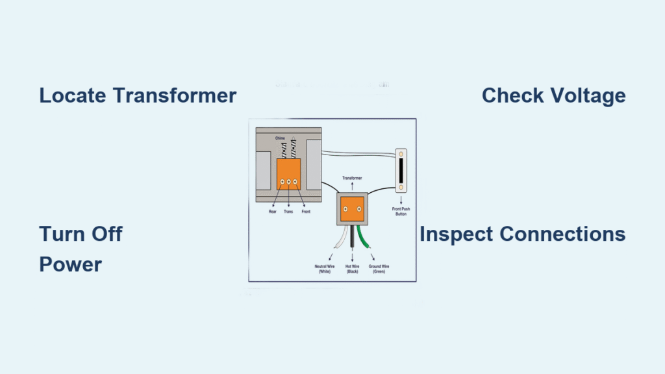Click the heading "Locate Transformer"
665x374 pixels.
(x=138, y=95)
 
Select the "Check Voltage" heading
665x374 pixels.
(x=553, y=95)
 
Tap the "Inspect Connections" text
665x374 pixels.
(x=522, y=234)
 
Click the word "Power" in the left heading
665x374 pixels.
(x=70, y=265)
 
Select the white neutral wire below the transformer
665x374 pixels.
(x=339, y=239)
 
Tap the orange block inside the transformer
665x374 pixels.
(x=352, y=209)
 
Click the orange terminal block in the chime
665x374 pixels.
(x=288, y=173)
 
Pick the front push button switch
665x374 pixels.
(x=403, y=170)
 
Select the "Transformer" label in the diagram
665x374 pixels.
(x=352, y=177)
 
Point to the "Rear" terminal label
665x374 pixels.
(x=273, y=212)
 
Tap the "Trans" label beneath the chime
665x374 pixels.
(x=289, y=212)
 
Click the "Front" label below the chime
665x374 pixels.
(x=306, y=212)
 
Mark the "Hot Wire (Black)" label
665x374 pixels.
(x=353, y=268)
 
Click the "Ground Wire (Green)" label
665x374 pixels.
(x=380, y=268)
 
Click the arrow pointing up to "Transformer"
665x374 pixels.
(x=352, y=186)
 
